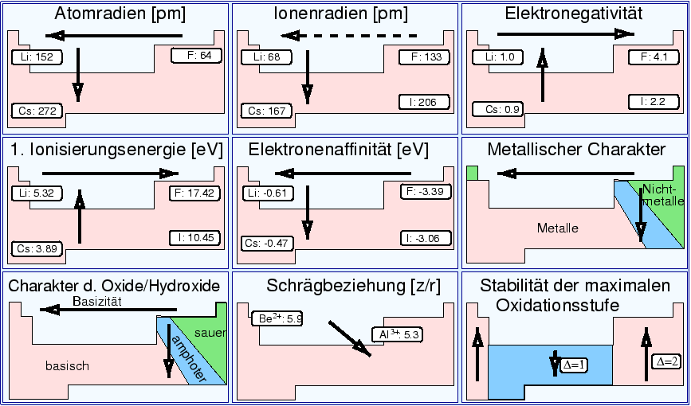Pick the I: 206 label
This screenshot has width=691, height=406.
(424, 102)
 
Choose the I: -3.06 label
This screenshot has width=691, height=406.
(424, 238)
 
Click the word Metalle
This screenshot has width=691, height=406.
(558, 228)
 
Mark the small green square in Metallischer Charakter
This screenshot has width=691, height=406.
(472, 173)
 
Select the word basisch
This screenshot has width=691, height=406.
(67, 366)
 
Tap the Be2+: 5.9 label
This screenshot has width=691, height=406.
(277, 318)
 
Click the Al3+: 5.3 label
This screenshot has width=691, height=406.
(396, 335)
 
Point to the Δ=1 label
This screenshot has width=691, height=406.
(573, 365)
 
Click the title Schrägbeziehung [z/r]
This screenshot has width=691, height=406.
(344, 286)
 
